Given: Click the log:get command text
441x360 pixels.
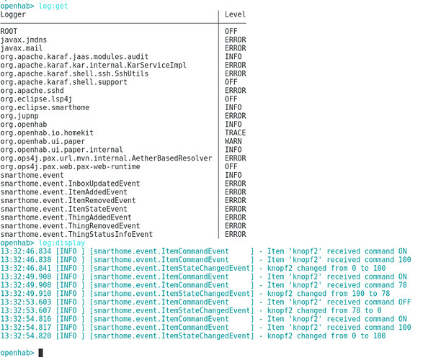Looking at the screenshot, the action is click(53, 6).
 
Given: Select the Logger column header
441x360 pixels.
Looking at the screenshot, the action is click(13, 14).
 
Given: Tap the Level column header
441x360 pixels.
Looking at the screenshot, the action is click(235, 14).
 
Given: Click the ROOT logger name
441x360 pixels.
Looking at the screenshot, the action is click(9, 31).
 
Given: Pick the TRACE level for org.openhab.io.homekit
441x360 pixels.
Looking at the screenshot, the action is click(235, 132).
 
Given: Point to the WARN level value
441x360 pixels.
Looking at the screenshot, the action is click(233, 141).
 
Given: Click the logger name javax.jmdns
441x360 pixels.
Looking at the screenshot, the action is click(24, 40).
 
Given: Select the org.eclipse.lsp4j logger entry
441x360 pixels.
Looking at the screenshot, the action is click(36, 99).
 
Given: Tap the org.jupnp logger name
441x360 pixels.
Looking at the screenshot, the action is click(19, 116).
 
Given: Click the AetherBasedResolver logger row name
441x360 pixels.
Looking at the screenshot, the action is click(106, 158).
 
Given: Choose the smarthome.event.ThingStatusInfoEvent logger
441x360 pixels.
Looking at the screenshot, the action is click(76, 235).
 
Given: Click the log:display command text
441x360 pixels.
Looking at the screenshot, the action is click(61, 243).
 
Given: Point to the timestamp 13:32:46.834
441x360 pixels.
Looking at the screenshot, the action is click(26, 251).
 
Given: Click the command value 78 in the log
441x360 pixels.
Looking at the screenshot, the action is click(403, 285).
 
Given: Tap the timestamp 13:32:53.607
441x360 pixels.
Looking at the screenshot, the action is click(26, 310).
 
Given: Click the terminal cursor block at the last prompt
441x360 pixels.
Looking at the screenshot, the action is click(41, 353).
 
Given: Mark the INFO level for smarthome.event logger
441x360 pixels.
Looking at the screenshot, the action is click(233, 175).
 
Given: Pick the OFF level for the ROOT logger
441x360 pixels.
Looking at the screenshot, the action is click(231, 31).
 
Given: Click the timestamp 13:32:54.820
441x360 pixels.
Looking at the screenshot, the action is click(26, 336).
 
